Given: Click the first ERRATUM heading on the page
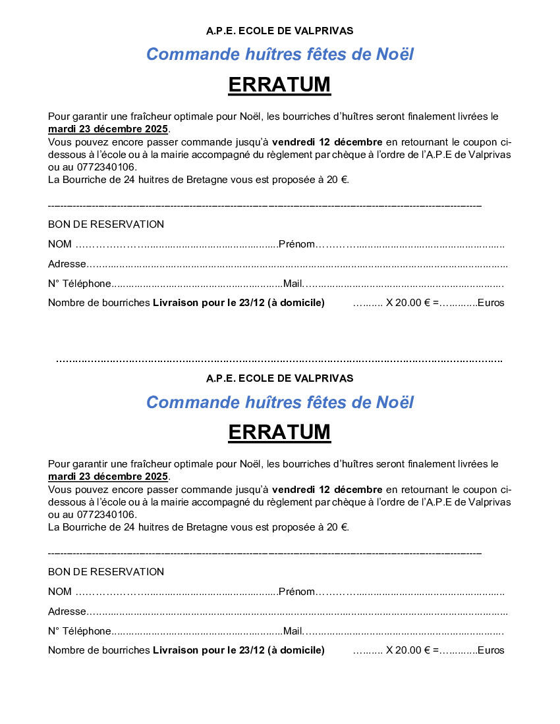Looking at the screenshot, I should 279,85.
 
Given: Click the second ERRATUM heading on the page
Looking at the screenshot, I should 279,432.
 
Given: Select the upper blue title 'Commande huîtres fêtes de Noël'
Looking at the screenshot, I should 279,54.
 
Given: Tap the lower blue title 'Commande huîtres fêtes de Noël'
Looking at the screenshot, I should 279,401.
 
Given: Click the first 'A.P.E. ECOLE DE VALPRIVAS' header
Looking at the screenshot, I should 279,31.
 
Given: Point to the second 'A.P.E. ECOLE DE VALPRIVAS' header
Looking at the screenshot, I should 279,378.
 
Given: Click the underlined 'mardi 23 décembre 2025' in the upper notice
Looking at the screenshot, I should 108,129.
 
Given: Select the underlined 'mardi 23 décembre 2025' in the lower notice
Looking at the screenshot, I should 108,477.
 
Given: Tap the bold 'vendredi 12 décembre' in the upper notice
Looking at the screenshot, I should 327,142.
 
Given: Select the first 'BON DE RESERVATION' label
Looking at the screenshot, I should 106,224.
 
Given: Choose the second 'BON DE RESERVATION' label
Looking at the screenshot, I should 106,572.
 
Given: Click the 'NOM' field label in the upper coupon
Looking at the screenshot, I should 60,244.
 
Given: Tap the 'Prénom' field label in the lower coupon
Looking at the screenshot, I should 296,592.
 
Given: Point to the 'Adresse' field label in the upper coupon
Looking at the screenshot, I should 67,264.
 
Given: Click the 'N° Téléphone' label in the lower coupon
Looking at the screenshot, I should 80,631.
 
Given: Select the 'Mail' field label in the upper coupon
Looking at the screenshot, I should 293,284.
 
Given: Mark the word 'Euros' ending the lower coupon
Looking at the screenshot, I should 491,650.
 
